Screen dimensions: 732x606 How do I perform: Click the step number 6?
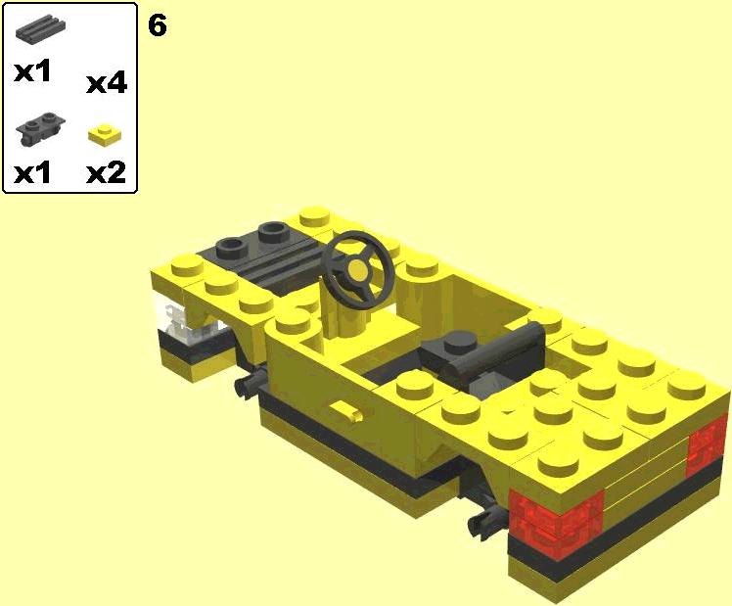pos(158,25)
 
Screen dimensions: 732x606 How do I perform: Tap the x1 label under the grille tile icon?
pos(31,72)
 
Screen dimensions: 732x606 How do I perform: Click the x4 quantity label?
pos(107,83)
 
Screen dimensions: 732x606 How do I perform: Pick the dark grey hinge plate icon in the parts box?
pos(40,127)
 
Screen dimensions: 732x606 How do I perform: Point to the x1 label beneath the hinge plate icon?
pos(31,173)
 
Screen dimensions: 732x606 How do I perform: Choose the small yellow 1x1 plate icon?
pos(105,134)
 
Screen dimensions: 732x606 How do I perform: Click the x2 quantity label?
pos(107,173)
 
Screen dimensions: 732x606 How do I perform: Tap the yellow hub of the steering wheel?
pos(357,270)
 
